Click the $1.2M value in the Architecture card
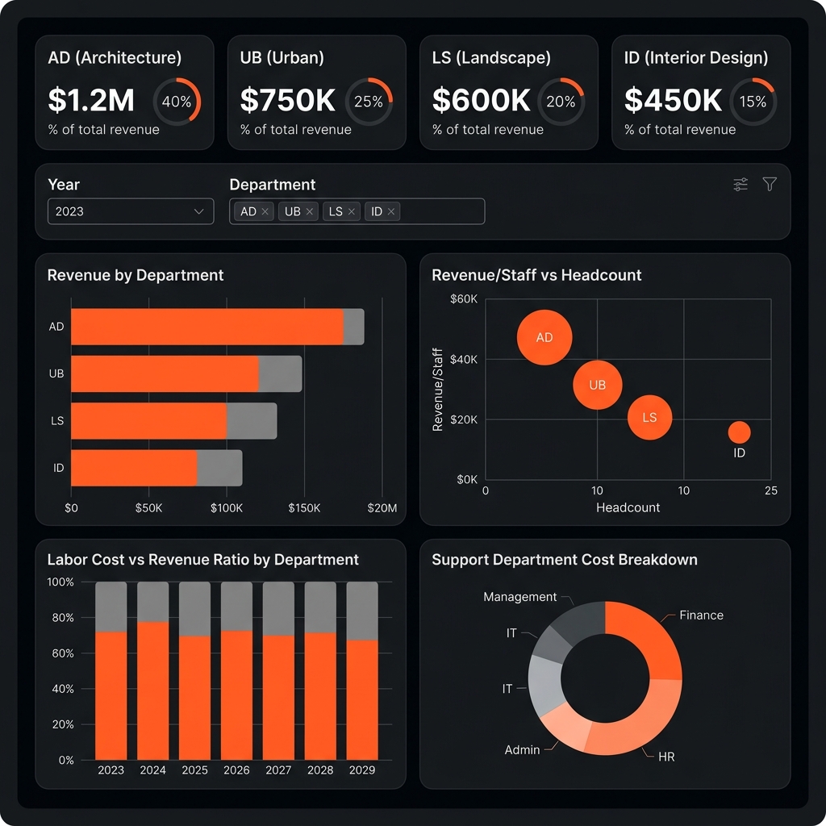tap(91, 100)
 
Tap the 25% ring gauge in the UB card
tap(369, 102)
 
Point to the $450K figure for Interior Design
tap(673, 100)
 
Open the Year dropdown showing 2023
tap(131, 211)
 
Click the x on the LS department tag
tap(352, 211)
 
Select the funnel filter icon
tap(770, 185)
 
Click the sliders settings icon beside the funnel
tap(740, 185)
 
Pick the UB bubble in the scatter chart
tap(597, 385)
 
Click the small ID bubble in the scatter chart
tap(739, 433)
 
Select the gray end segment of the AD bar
tap(353, 327)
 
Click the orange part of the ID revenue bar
tap(134, 468)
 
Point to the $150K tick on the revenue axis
tap(304, 508)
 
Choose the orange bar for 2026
tap(236, 695)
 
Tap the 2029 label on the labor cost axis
tap(361, 770)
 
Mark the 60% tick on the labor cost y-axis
tap(61, 653)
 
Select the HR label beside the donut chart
tap(665, 757)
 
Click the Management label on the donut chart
tap(519, 597)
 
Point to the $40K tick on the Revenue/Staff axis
tap(464, 359)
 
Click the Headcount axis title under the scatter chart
tap(628, 507)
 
